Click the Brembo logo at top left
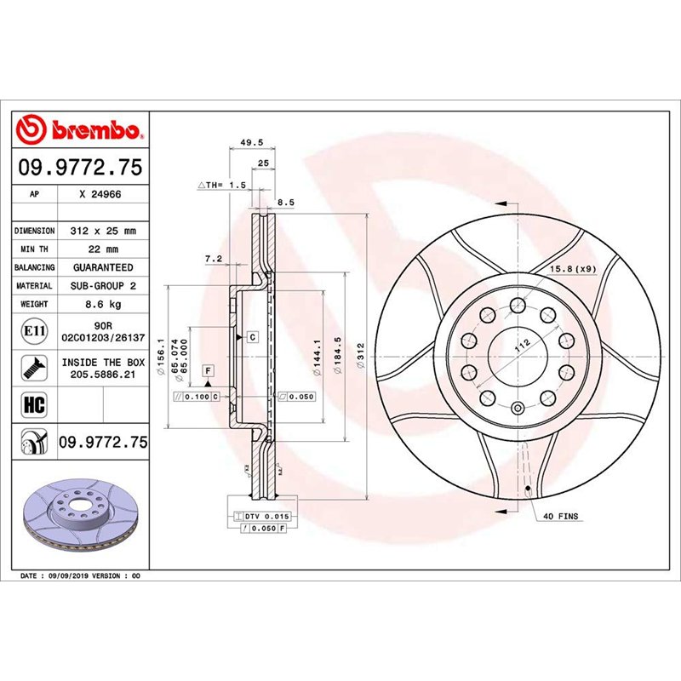click(x=79, y=130)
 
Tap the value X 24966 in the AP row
click(x=100, y=194)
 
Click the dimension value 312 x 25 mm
click(x=100, y=231)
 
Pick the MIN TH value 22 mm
click(x=100, y=249)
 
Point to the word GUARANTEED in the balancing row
click(x=100, y=267)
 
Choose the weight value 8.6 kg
click(x=100, y=304)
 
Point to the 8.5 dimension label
click(x=287, y=202)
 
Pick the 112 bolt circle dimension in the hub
click(x=520, y=344)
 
